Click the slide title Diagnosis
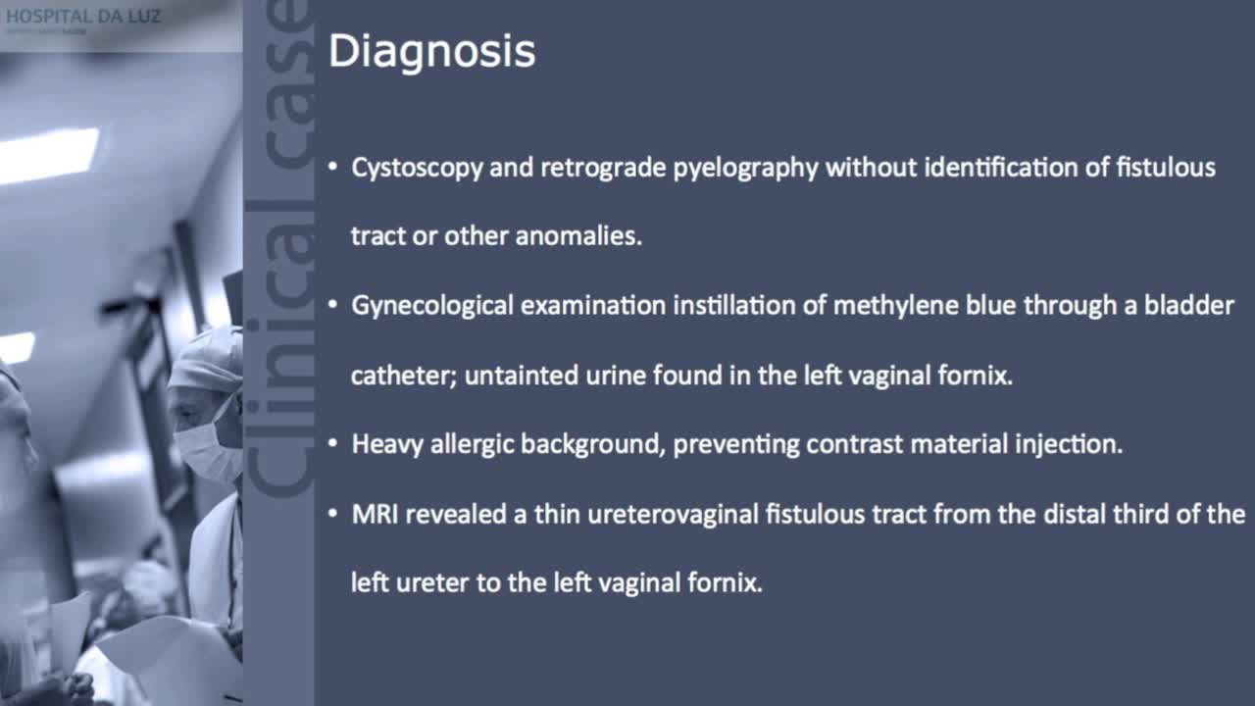[x=431, y=52]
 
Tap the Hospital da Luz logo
[x=82, y=18]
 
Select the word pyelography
[x=745, y=168]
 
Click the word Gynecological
[x=432, y=306]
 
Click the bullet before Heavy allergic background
[x=334, y=444]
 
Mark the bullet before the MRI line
[x=334, y=514]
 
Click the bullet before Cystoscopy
[x=334, y=168]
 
